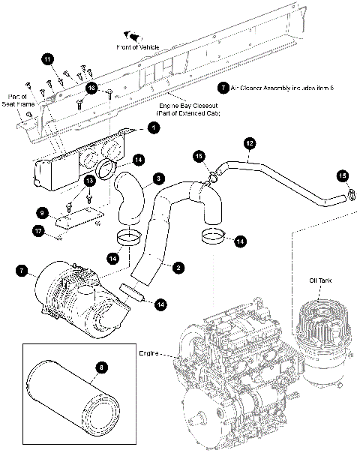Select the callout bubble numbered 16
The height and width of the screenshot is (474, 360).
point(91,88)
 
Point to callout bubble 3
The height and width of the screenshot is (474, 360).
point(160,178)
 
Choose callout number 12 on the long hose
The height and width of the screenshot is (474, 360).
point(249,142)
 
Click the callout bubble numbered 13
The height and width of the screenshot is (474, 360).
point(88,181)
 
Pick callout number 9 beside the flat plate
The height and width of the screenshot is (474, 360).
point(43,213)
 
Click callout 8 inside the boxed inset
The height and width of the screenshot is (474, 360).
point(103,367)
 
